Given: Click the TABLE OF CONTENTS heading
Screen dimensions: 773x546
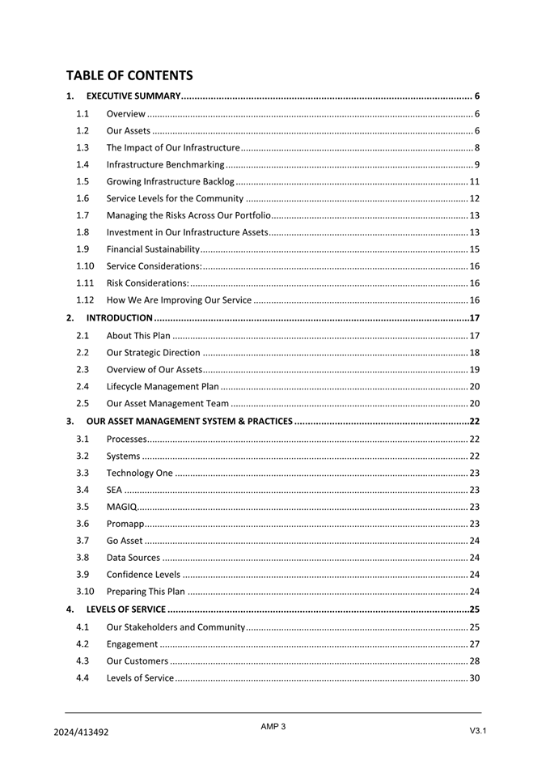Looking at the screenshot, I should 129,75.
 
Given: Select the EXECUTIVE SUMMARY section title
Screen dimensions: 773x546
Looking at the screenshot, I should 133,97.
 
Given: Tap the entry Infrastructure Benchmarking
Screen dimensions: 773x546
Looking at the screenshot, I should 165,165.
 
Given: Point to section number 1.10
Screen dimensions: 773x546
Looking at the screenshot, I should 85,266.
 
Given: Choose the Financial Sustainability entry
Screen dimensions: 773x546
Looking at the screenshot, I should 153,249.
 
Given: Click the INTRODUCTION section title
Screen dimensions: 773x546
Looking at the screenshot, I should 120,318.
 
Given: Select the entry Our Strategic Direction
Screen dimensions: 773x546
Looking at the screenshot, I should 153,353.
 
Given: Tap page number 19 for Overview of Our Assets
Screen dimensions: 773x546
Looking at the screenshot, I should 475,370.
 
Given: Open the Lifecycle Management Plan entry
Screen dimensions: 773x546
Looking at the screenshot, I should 163,387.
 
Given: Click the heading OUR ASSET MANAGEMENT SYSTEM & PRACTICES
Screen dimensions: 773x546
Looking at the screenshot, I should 189,422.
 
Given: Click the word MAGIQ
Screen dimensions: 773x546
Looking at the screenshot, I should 121,507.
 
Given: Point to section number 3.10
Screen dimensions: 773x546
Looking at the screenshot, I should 85,592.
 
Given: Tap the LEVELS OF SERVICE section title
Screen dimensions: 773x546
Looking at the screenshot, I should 126,609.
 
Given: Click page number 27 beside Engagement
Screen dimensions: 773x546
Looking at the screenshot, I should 475,644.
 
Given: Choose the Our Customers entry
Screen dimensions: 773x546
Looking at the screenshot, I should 138,661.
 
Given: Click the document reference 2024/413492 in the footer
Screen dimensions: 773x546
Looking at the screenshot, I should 81,732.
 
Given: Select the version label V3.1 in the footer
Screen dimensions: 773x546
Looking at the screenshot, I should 477,731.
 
